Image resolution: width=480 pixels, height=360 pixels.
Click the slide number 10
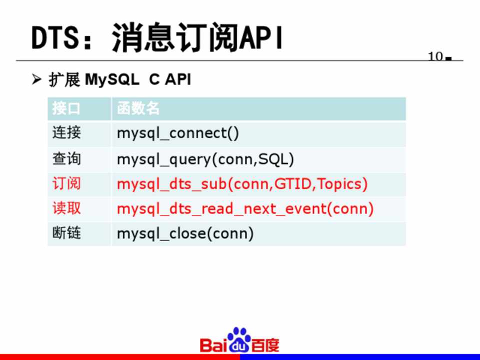tap(435, 56)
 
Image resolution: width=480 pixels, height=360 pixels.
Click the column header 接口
tap(66, 108)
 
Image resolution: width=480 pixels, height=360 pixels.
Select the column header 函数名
tap(138, 108)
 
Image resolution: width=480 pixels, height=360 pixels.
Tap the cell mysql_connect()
tap(178, 133)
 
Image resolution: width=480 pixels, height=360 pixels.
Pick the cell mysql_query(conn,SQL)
tap(205, 159)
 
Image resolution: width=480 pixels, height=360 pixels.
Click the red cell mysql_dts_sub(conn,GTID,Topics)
tap(242, 184)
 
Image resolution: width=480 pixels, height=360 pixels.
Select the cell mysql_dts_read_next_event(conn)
tap(245, 209)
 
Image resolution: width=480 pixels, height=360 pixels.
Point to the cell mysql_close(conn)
tap(185, 233)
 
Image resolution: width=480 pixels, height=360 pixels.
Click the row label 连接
tap(66, 133)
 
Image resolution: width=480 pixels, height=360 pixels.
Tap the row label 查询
tap(66, 159)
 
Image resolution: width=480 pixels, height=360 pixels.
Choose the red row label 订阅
tap(66, 183)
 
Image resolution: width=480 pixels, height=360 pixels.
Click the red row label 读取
tap(66, 208)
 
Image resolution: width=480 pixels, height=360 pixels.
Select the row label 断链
tap(66, 233)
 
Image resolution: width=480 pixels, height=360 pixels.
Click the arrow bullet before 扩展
tap(36, 79)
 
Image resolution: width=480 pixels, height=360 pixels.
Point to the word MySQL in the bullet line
tap(112, 80)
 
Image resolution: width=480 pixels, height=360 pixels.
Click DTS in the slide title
tap(54, 37)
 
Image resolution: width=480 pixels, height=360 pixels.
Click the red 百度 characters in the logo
tap(265, 345)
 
